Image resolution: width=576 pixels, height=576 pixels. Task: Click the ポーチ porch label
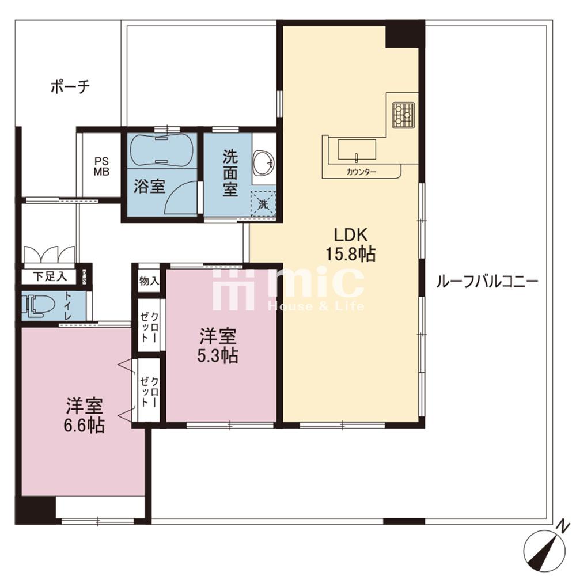tap(70, 88)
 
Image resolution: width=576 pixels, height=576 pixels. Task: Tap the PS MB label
tap(101, 166)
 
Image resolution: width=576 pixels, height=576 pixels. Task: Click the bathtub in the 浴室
tap(161, 150)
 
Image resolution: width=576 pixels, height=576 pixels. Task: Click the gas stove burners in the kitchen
tap(403, 115)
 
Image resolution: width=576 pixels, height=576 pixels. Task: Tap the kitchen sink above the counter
tap(357, 150)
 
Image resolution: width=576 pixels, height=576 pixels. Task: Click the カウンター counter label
tap(362, 172)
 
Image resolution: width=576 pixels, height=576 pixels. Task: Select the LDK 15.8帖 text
tap(351, 244)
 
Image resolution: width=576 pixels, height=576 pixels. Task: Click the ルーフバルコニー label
tap(487, 282)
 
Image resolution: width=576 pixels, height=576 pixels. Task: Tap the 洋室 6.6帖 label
tap(84, 415)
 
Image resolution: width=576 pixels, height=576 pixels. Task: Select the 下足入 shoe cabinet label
tap(50, 276)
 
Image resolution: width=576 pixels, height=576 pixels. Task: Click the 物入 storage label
tap(149, 282)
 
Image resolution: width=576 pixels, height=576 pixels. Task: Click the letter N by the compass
tap(560, 526)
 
